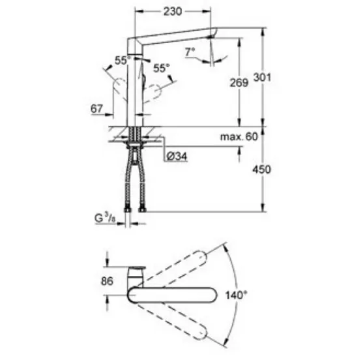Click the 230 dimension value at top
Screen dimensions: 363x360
click(173, 12)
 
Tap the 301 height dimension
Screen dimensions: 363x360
click(262, 77)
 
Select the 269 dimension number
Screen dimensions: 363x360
click(239, 83)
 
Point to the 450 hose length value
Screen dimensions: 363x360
click(261, 170)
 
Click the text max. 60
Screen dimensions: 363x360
click(239, 137)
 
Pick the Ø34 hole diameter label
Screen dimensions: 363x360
click(177, 157)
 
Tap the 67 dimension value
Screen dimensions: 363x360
click(96, 109)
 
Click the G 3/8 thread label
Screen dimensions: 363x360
click(105, 218)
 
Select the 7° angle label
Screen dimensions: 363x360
click(190, 52)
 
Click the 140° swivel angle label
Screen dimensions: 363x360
click(237, 295)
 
